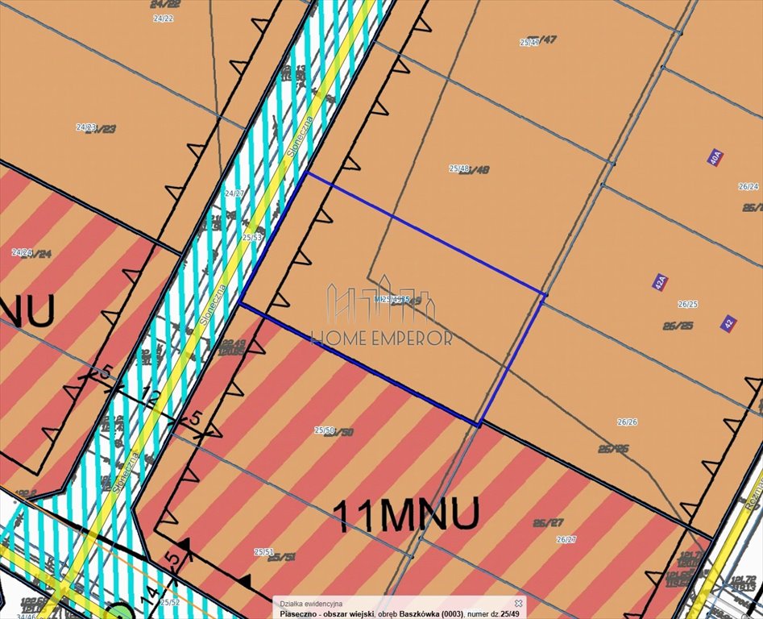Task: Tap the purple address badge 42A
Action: pos(659,282)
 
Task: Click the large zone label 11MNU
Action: pos(406,513)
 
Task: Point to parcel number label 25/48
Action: pos(459,168)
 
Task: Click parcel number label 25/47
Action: pos(529,42)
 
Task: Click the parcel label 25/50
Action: pos(325,430)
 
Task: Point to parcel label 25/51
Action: pos(263,552)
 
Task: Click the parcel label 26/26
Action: pos(627,422)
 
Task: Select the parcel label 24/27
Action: pos(234,193)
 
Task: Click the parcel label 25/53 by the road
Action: pos(251,238)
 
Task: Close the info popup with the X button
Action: pos(519,602)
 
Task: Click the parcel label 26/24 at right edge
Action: pos(748,186)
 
